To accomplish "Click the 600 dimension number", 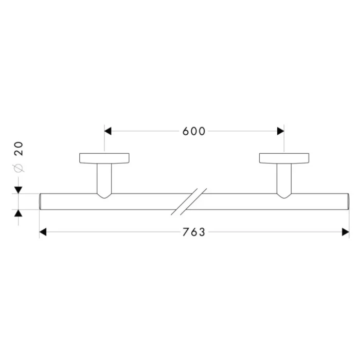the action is pyautogui.click(x=193, y=131).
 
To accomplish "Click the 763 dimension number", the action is pyautogui.click(x=193, y=232).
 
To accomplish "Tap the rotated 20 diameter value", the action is pyautogui.click(x=19, y=149).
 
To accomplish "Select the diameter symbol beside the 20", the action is pyautogui.click(x=19, y=168).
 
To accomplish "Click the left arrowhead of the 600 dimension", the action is pyautogui.click(x=107, y=131).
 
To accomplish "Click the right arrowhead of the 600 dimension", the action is pyautogui.click(x=281, y=131).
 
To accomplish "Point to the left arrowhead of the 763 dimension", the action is pyautogui.click(x=43, y=232).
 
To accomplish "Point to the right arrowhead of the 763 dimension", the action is pyautogui.click(x=346, y=232).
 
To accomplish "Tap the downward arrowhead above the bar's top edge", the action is pyautogui.click(x=19, y=190).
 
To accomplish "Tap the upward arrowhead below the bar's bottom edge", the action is pyautogui.click(x=19, y=213).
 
